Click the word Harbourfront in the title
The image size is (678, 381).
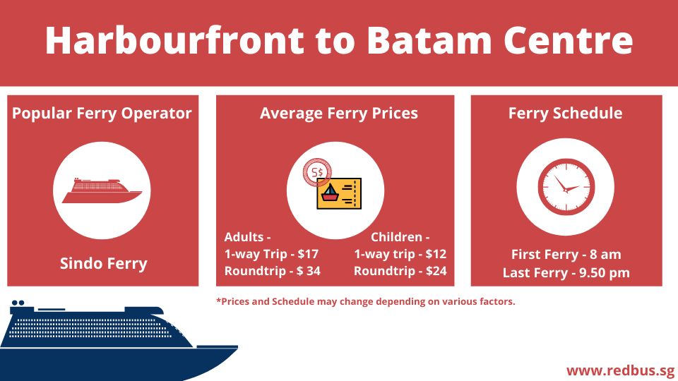(x=174, y=40)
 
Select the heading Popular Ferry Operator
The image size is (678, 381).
(x=102, y=114)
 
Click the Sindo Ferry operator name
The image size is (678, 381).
(x=103, y=263)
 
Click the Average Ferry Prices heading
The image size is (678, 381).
(x=338, y=114)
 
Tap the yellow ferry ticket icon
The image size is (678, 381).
(x=339, y=193)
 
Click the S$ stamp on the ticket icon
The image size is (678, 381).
(x=317, y=172)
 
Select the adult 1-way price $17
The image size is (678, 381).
(x=308, y=254)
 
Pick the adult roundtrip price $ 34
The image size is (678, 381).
(x=309, y=271)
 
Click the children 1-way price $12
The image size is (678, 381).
(x=436, y=254)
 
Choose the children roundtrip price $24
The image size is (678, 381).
(x=436, y=271)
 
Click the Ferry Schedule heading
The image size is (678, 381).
(x=565, y=114)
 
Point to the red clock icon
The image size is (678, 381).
(x=566, y=187)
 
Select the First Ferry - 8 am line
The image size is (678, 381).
(x=566, y=255)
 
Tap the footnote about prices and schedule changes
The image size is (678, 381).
(x=365, y=301)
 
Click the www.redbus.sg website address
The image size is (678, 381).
(x=621, y=370)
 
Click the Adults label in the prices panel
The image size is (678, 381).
(x=247, y=237)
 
